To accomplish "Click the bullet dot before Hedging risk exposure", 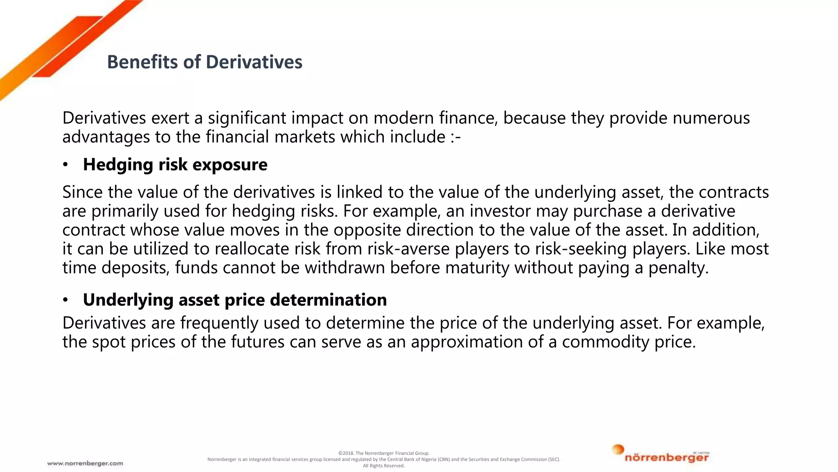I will point(65,165).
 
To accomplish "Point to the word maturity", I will point(477,268).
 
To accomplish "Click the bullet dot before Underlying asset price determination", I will point(65,300).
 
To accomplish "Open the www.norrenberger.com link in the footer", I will point(85,463).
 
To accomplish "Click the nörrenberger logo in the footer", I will point(661,455).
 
